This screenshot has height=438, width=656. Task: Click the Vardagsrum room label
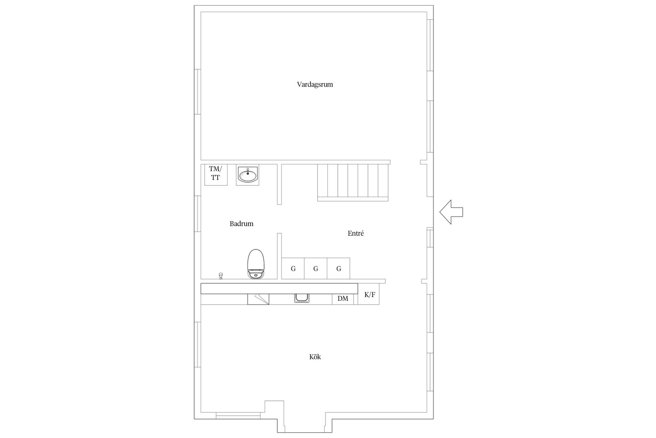[315, 85]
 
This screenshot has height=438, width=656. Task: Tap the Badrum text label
[241, 224]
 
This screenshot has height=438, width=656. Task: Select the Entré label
[355, 233]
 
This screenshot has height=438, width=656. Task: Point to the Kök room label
[315, 357]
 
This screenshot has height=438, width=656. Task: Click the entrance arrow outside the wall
[451, 212]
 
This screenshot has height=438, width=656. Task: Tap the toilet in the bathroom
[256, 264]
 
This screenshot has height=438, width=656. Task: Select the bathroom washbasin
[247, 175]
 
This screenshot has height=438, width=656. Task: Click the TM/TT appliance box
[216, 175]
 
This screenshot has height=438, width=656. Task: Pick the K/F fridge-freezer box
[369, 294]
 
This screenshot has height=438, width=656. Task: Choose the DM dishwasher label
[343, 299]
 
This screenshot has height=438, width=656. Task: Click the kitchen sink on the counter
[302, 298]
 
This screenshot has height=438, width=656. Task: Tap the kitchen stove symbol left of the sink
[258, 299]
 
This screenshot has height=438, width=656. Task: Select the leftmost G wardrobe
[293, 269]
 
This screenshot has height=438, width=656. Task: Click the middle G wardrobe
[316, 269]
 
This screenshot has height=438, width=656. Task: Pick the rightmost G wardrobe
[339, 269]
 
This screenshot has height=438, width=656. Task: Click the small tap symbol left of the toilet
[221, 276]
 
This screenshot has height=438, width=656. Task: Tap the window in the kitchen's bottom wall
[238, 416]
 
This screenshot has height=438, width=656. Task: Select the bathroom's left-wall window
[197, 214]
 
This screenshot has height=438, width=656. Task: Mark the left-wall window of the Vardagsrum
[197, 92]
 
